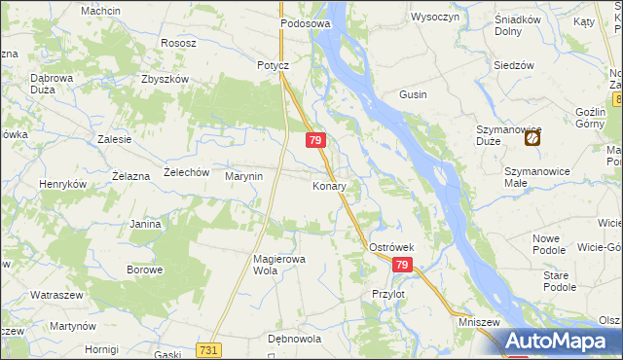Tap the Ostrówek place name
(392, 248)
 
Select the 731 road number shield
(207, 349)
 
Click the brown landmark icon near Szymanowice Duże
(532, 139)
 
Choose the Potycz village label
(274, 65)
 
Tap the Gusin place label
(414, 94)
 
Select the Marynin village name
(244, 176)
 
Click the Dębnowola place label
(294, 340)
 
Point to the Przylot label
(387, 293)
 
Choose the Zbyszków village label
(164, 80)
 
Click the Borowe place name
(144, 269)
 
